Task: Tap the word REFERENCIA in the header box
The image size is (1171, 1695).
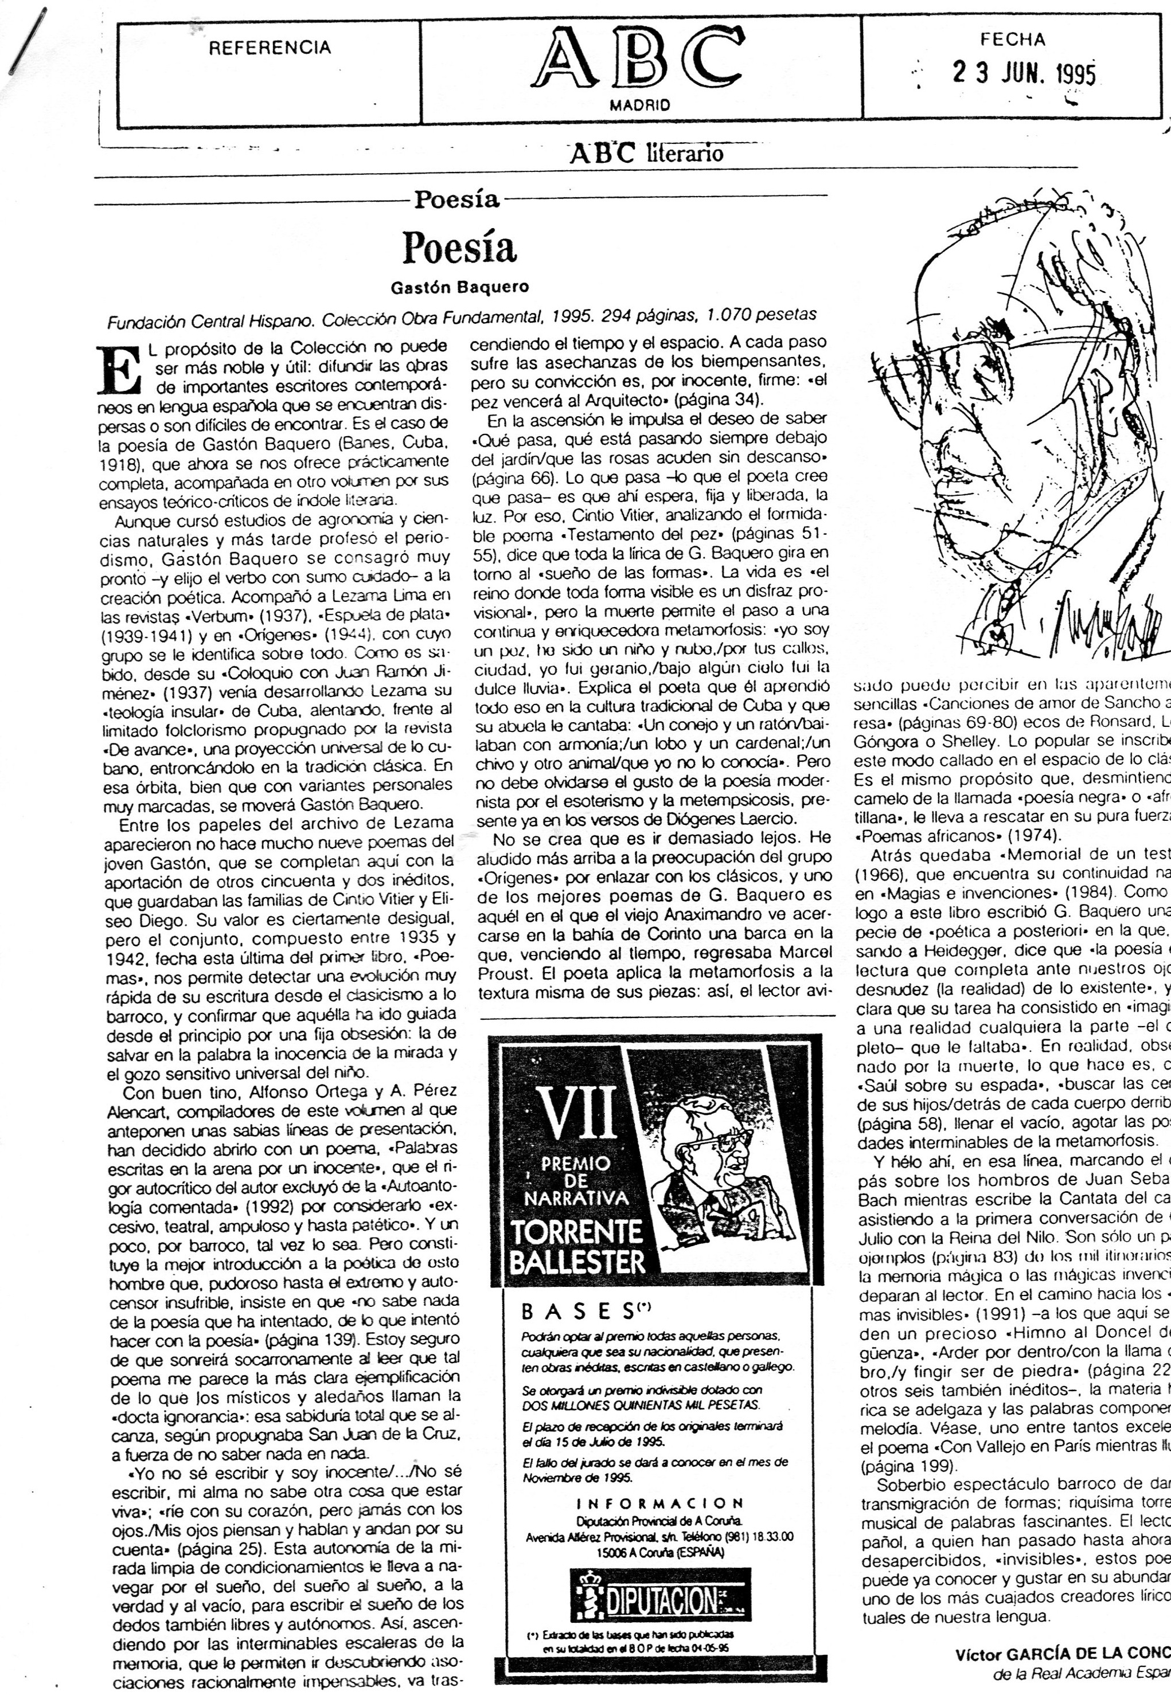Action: click(x=270, y=48)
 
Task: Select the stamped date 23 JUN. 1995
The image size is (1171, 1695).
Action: click(x=1024, y=73)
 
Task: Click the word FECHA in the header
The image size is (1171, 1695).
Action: click(x=1013, y=40)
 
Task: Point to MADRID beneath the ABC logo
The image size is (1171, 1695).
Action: click(x=640, y=105)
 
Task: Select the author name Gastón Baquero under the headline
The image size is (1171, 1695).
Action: click(x=459, y=288)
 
